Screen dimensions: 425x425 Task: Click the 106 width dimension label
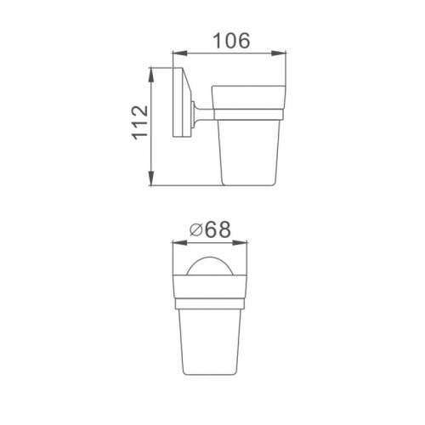(x=231, y=41)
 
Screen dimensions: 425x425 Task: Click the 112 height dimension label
(x=140, y=122)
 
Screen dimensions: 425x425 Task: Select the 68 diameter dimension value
(x=218, y=229)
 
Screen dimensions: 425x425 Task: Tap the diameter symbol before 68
(x=195, y=230)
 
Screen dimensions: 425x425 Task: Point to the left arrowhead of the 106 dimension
(x=180, y=53)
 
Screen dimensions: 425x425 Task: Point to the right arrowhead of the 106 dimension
(x=279, y=53)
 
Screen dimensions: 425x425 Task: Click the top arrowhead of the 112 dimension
(x=151, y=75)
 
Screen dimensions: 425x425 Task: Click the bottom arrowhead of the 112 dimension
(x=151, y=178)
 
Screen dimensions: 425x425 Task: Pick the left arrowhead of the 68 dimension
(x=180, y=243)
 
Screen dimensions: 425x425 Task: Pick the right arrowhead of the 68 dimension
(x=240, y=243)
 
